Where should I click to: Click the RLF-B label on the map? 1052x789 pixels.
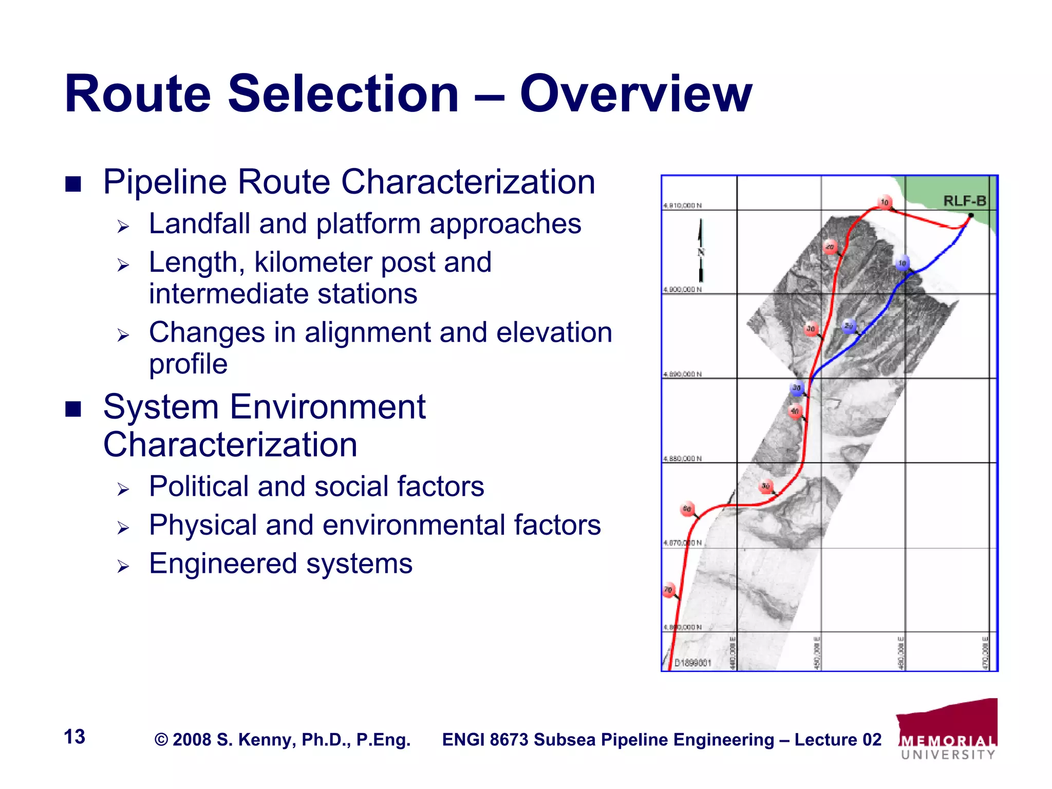point(965,201)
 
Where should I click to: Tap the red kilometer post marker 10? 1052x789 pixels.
point(885,202)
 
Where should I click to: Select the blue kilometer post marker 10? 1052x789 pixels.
point(903,264)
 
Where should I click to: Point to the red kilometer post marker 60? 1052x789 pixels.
point(687,509)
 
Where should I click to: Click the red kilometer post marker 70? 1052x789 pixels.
point(668,590)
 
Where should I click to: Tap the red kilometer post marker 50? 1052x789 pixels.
point(766,486)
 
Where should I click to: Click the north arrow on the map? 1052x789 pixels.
point(701,251)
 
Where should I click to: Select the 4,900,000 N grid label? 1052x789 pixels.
point(682,290)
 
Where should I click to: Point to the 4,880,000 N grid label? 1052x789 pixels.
point(682,458)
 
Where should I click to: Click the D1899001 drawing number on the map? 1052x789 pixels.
point(692,663)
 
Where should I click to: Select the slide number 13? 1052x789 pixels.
point(74,737)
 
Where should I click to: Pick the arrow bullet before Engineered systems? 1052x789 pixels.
point(123,567)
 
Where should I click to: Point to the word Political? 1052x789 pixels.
point(199,486)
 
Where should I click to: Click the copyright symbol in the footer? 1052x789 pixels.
point(161,740)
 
